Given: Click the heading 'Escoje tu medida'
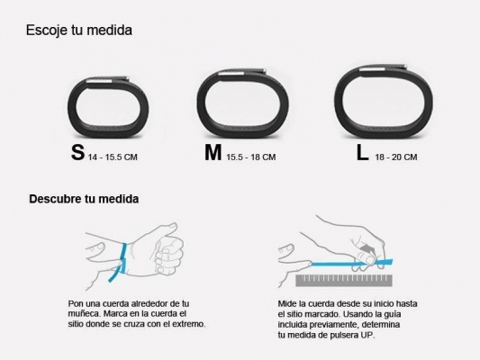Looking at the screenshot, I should (x=79, y=31).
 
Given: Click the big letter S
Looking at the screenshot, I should (x=78, y=153).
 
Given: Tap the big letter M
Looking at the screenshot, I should (x=213, y=153).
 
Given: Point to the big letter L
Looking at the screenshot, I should (x=361, y=153).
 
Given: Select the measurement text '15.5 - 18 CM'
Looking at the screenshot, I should (x=250, y=157).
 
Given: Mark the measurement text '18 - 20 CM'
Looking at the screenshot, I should (x=396, y=157).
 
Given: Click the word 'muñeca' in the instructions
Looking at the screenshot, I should (x=86, y=314).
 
